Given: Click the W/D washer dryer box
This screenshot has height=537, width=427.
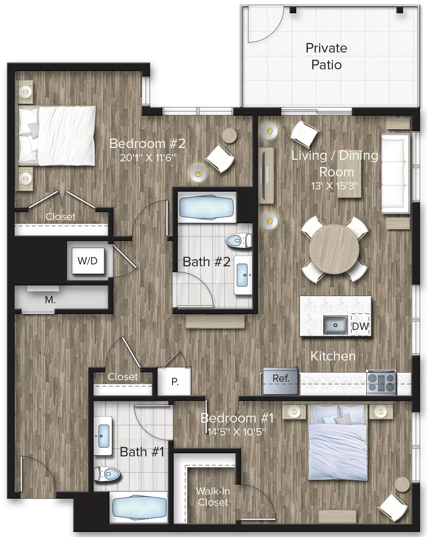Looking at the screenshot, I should tap(88, 261).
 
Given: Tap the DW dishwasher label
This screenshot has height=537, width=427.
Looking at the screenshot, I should tap(360, 326).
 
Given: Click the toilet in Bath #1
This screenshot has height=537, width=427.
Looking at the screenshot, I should tap(107, 474).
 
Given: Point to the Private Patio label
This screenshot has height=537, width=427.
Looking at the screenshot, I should tap(326, 56).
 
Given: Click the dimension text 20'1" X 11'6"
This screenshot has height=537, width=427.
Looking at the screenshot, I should tap(147, 157).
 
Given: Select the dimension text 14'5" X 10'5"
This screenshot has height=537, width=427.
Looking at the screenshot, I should tap(237, 432).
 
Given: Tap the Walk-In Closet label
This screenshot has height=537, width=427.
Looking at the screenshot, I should tap(213, 497).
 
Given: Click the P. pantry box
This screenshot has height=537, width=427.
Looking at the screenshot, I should tap(175, 382).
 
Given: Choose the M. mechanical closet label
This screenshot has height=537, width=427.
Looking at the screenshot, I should tap(50, 299).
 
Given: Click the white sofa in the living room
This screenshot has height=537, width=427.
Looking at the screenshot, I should tap(395, 173).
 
